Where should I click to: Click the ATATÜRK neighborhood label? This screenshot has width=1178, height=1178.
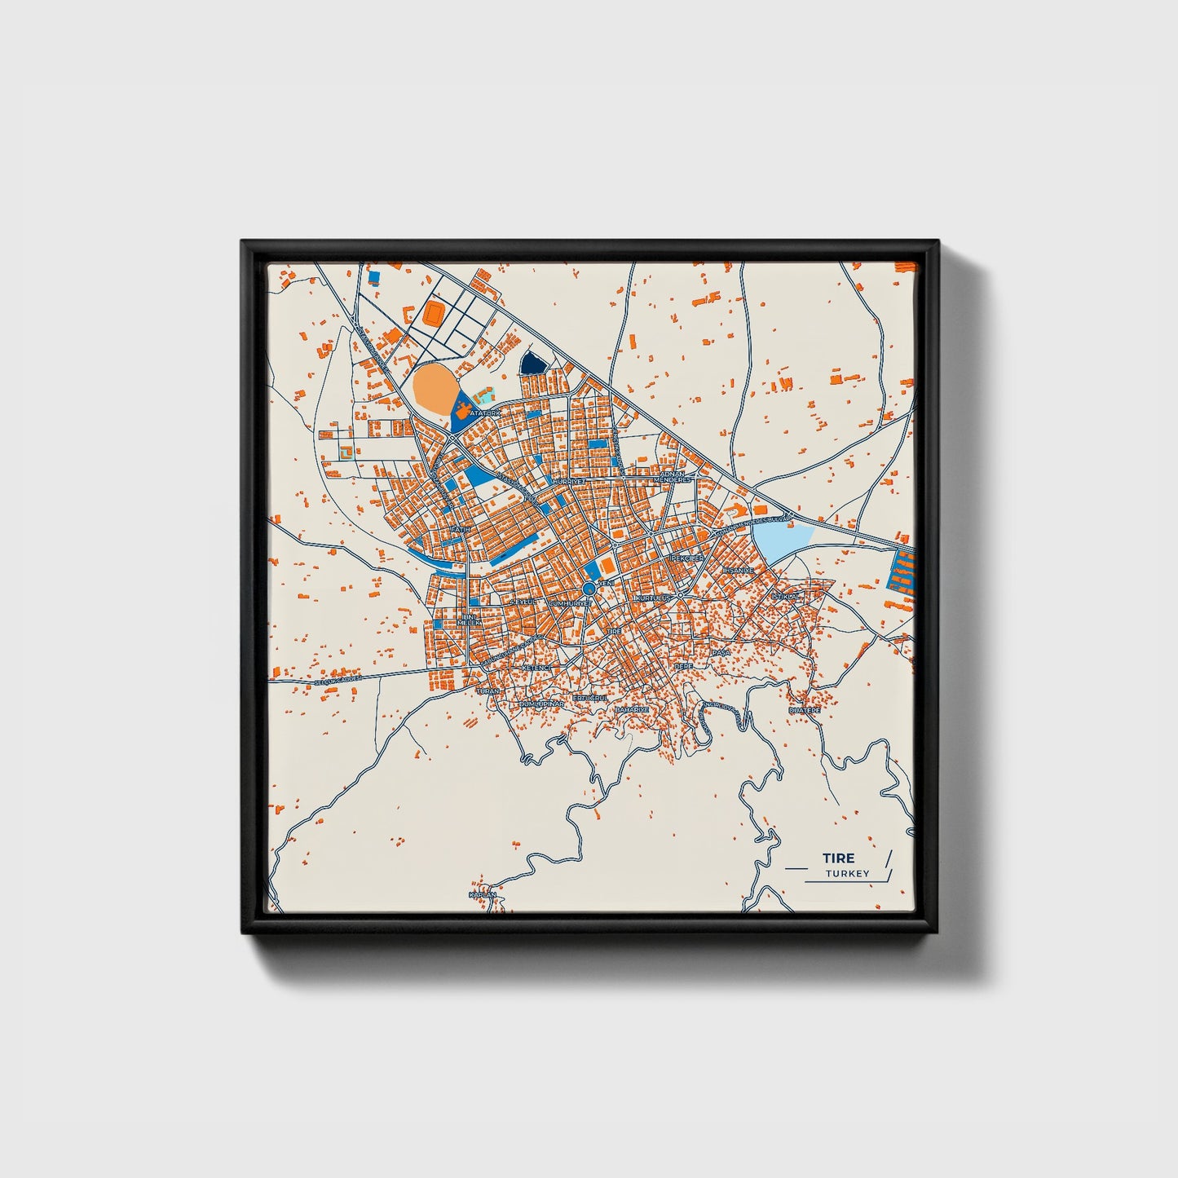pyautogui.click(x=484, y=413)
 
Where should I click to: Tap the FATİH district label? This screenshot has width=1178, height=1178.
pyautogui.click(x=461, y=530)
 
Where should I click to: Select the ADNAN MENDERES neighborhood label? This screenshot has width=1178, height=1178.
pyautogui.click(x=675, y=477)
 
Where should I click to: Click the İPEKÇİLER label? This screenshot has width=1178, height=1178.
pyautogui.click(x=686, y=558)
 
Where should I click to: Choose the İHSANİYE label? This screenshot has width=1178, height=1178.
pyautogui.click(x=739, y=570)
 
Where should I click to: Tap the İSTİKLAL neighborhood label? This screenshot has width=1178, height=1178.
pyautogui.click(x=788, y=597)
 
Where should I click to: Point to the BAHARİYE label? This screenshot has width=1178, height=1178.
pyautogui.click(x=632, y=709)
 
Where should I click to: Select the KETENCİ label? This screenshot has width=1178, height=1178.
pyautogui.click(x=536, y=668)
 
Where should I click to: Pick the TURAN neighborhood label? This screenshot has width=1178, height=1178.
pyautogui.click(x=488, y=690)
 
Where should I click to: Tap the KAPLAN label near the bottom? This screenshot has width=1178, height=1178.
pyautogui.click(x=482, y=895)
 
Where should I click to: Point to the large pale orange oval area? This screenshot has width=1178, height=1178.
pyautogui.click(x=435, y=389)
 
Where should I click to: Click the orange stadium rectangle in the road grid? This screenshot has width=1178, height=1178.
pyautogui.click(x=434, y=312)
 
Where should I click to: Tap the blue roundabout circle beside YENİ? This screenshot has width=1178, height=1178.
pyautogui.click(x=589, y=589)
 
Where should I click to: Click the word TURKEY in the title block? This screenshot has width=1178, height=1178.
pyautogui.click(x=847, y=873)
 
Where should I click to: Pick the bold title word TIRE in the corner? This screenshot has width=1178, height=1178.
pyautogui.click(x=838, y=858)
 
